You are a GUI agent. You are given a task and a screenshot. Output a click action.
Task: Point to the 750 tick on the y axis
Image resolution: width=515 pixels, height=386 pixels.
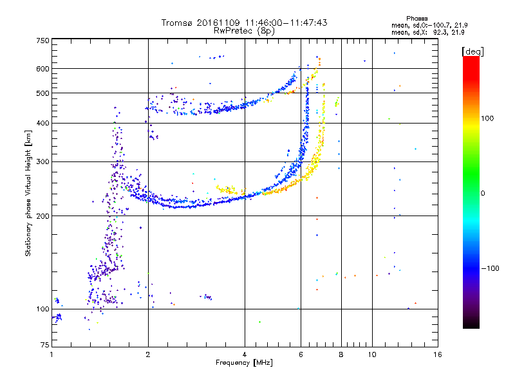(x=42, y=41)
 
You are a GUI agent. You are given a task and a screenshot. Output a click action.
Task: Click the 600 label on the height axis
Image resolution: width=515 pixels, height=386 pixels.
(x=42, y=69)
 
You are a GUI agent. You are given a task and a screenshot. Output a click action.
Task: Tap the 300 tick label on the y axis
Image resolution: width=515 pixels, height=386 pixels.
(x=42, y=162)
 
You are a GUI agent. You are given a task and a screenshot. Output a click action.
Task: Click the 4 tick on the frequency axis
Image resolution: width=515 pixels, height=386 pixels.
(x=245, y=354)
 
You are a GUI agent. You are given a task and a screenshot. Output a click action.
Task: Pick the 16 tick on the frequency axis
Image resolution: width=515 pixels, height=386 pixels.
(x=438, y=354)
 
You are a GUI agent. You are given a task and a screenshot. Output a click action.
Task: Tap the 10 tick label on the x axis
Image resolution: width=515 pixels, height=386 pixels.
(x=371, y=354)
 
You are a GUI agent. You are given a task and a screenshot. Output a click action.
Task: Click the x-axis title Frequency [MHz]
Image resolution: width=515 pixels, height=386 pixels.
(x=244, y=363)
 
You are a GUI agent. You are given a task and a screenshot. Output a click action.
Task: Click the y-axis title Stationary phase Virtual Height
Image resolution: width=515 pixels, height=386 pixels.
(x=28, y=193)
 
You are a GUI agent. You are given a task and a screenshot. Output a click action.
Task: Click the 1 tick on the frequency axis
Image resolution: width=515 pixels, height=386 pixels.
(x=51, y=354)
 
